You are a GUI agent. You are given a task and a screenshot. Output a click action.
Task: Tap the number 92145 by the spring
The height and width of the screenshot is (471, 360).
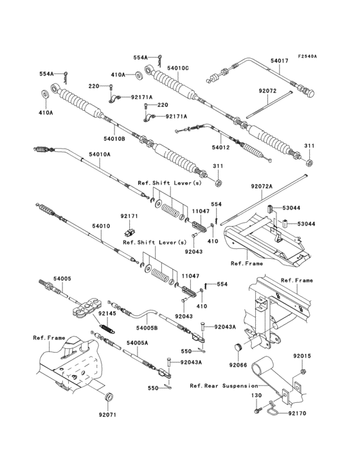click(x=106, y=313)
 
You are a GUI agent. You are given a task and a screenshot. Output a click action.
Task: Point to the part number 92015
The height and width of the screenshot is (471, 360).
click(x=302, y=356)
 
